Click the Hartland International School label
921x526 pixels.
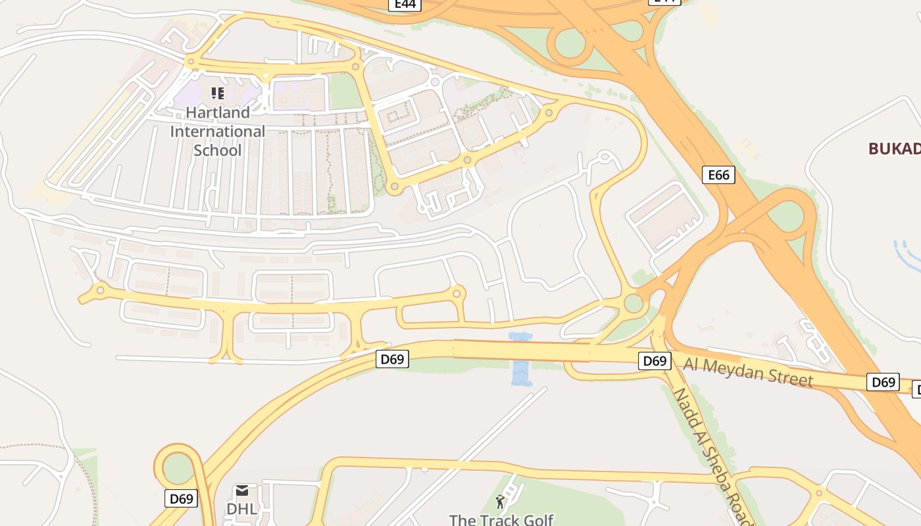(x=218, y=131)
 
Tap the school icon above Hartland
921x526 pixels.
(x=218, y=93)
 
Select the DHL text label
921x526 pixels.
(x=241, y=509)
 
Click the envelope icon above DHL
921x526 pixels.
(x=242, y=490)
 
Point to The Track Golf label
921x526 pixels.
(x=501, y=520)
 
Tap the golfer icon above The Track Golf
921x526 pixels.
(x=500, y=502)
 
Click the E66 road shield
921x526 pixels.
(x=718, y=175)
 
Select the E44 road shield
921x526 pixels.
(x=404, y=5)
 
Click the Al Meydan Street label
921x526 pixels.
(x=748, y=372)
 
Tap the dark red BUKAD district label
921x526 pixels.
(x=894, y=149)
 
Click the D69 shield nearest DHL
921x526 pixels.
(x=181, y=498)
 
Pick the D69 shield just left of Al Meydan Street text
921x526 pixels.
(x=655, y=361)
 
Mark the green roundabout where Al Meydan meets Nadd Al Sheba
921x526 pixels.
(x=634, y=303)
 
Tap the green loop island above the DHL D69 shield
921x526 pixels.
(x=177, y=467)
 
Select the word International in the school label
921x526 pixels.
(x=218, y=131)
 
